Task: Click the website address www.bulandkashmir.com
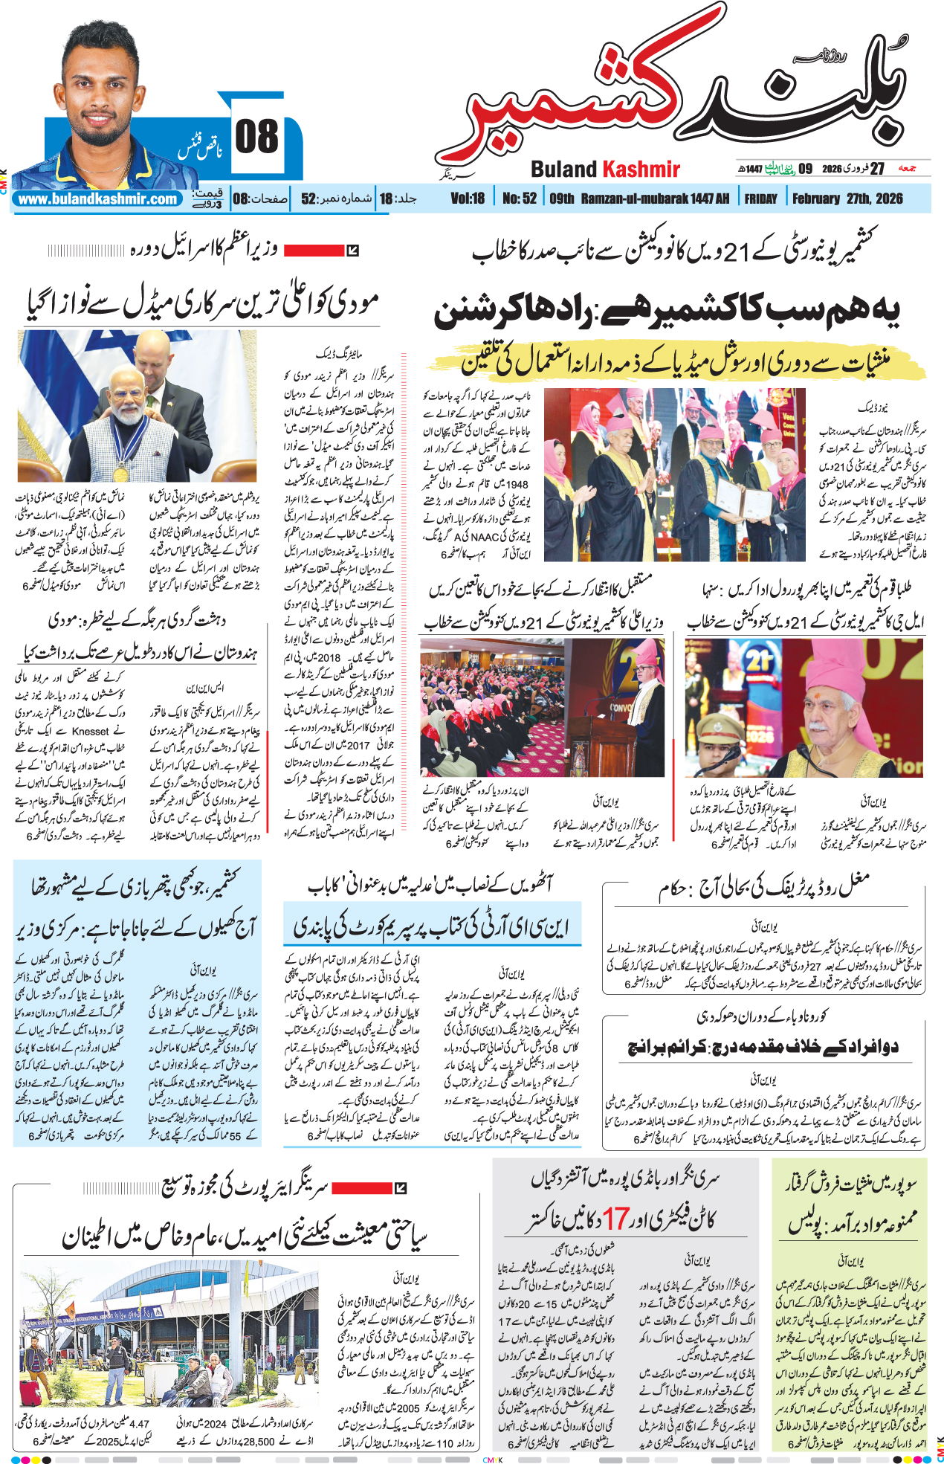point(97,199)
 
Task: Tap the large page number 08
point(256,137)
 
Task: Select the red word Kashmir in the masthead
point(641,170)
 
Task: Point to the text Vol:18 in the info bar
point(468,199)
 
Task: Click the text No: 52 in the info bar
point(519,199)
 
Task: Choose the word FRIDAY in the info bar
point(760,199)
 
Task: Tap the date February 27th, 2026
point(847,199)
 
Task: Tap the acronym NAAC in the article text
point(485,536)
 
